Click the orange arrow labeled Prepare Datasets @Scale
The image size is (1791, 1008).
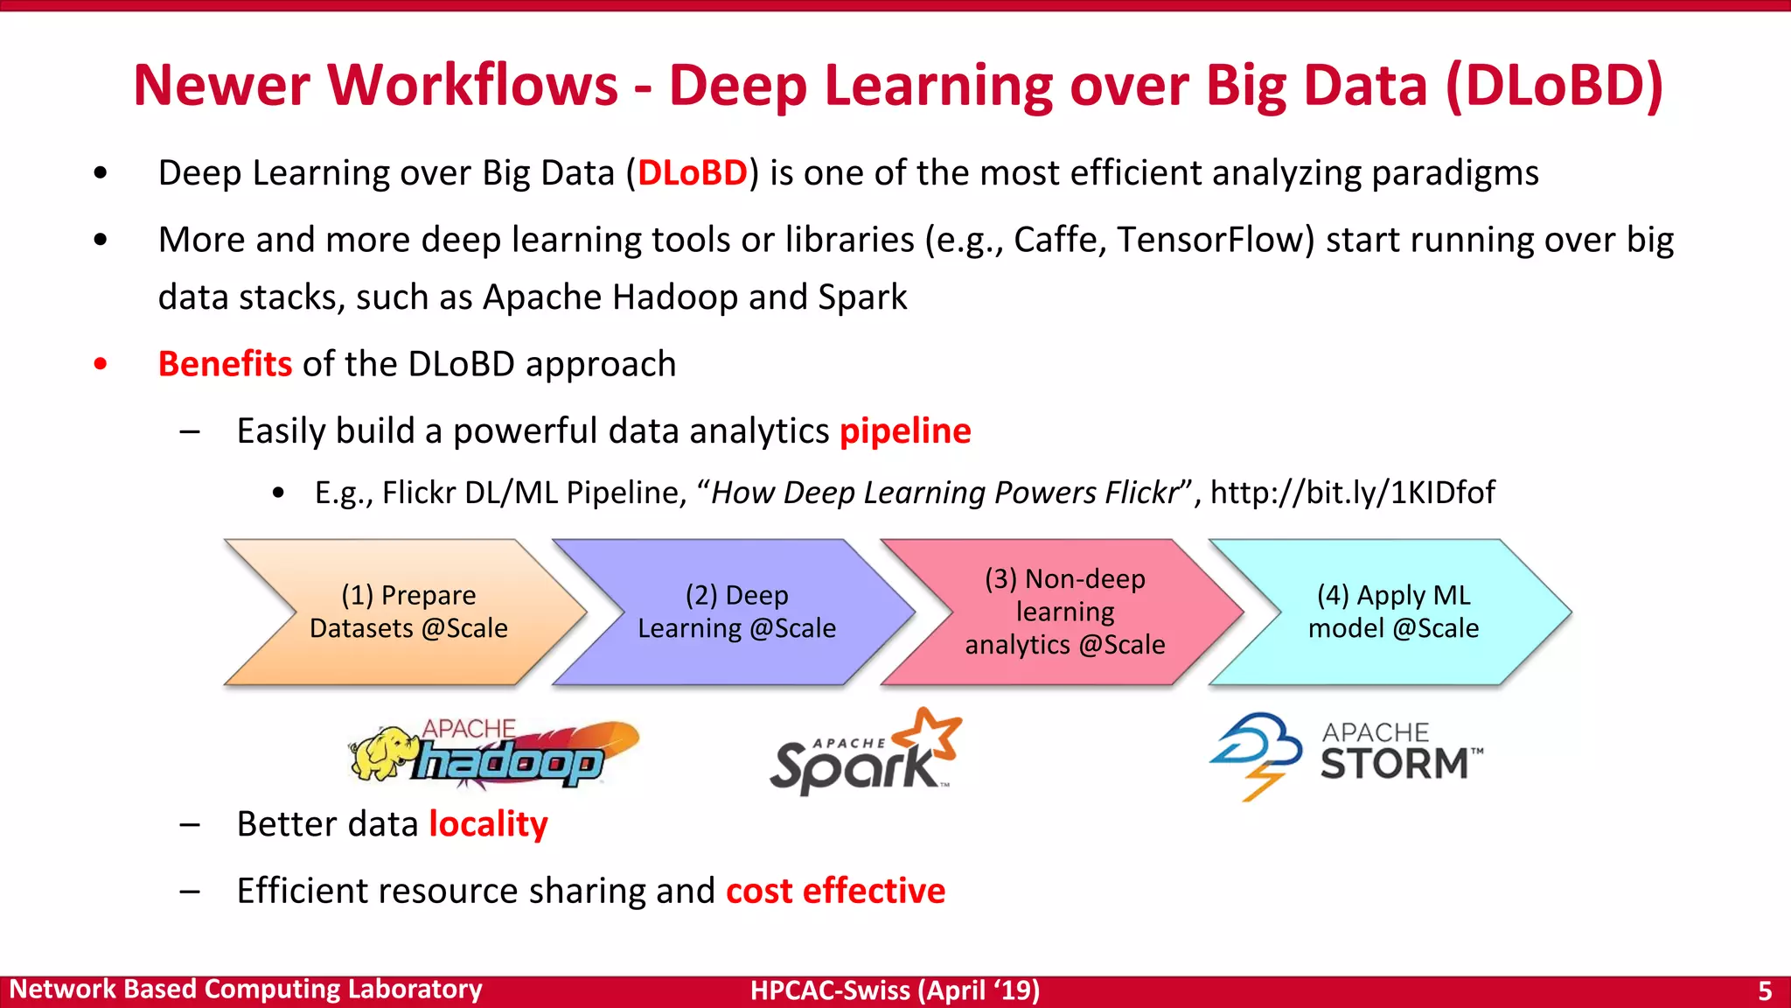(x=408, y=612)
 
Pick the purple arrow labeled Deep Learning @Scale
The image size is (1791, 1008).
(x=736, y=612)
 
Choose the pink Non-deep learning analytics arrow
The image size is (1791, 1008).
(x=1064, y=612)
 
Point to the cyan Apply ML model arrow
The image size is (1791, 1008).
(x=1393, y=612)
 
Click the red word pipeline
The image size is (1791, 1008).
(x=905, y=431)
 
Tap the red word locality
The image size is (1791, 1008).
(x=488, y=824)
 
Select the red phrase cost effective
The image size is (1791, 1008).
(x=835, y=891)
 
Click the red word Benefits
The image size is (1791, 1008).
(x=225, y=364)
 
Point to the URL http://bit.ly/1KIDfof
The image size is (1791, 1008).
(x=1352, y=493)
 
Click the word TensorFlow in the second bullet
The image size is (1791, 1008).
(x=1216, y=240)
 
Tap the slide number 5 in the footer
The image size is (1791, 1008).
(x=1765, y=990)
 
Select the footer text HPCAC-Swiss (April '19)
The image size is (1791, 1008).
(x=895, y=990)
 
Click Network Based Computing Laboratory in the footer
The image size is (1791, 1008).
(x=246, y=990)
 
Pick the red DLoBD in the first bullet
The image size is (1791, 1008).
(x=692, y=173)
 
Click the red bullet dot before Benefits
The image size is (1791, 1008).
(x=101, y=364)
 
